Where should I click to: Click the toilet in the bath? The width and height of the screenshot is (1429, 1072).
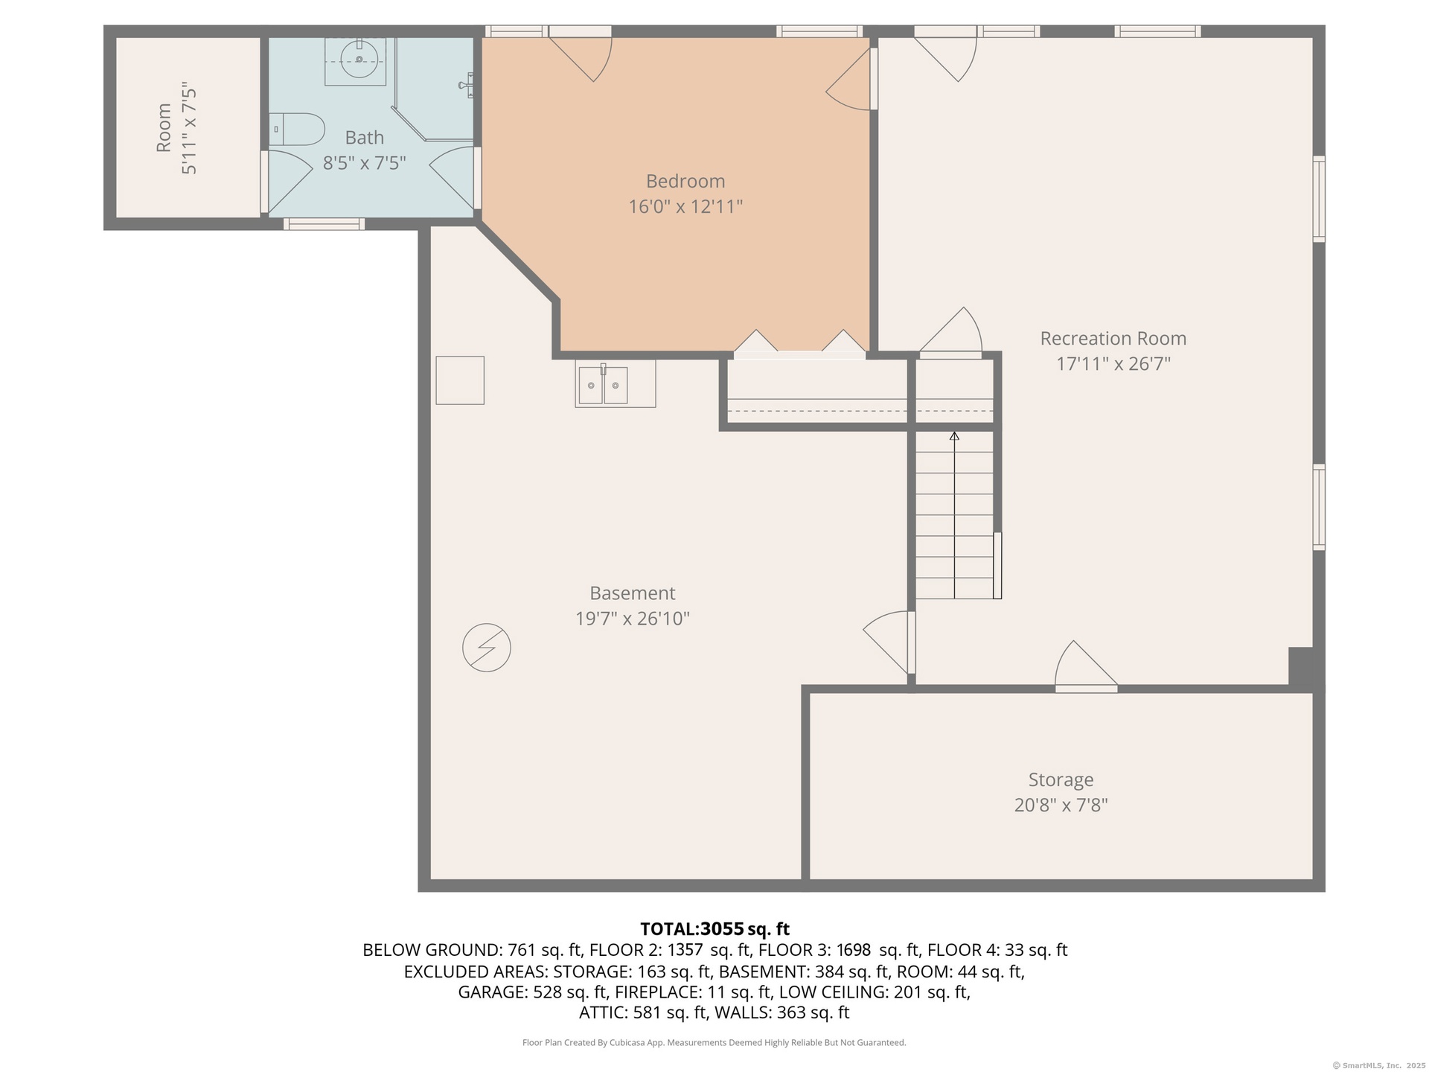coord(297,130)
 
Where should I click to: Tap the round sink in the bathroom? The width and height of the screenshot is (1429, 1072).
coord(359,59)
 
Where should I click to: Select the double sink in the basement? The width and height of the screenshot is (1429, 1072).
coord(603,385)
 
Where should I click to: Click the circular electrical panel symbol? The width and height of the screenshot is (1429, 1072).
coord(487,648)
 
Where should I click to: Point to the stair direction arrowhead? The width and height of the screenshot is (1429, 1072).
coord(955,435)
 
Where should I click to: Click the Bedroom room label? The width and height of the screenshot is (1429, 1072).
coord(685,181)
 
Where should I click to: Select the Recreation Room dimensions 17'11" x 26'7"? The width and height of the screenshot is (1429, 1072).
coord(1113,363)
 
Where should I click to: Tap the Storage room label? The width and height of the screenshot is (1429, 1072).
coord(1061,779)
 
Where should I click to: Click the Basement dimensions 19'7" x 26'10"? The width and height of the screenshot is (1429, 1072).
coord(633,618)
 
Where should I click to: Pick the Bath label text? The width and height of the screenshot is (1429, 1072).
coord(365,138)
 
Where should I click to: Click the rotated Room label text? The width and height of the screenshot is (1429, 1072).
coord(164,128)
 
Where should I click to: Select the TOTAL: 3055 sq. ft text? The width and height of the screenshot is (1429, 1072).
coord(714,929)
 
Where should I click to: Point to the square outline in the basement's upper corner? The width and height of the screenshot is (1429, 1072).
coord(460,380)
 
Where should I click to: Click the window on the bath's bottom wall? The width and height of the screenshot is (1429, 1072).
coord(324,223)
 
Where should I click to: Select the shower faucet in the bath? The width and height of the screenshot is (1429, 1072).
coord(467,85)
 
